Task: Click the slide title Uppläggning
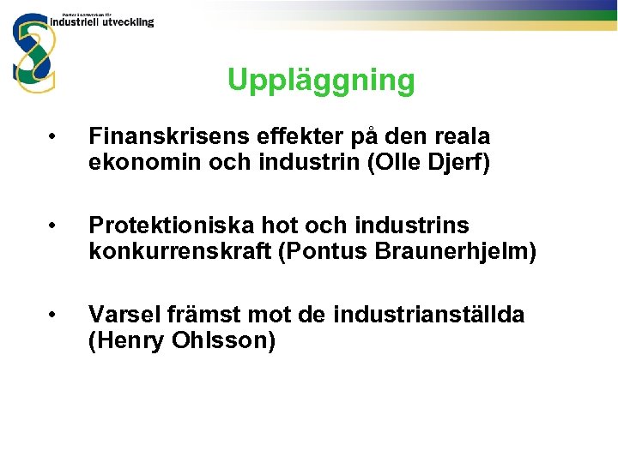click(321, 81)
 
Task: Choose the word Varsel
click(119, 315)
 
